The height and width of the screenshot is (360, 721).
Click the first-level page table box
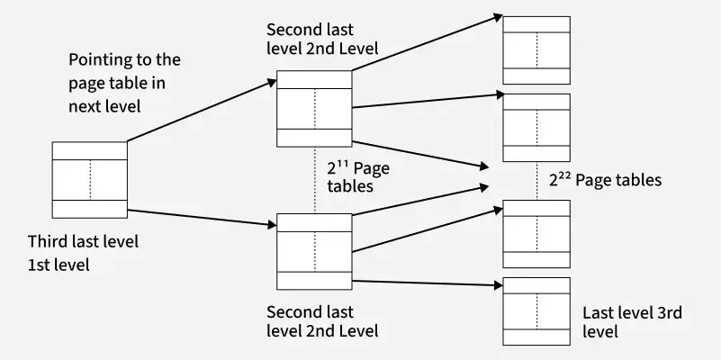pos(89,179)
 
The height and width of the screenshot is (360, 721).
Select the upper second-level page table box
pos(314,108)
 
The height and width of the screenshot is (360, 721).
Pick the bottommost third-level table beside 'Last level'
pos(536,310)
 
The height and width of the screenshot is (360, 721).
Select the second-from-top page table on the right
pos(536,128)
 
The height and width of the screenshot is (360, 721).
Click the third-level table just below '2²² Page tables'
pos(536,234)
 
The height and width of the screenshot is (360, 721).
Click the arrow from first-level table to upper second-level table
pos(202,110)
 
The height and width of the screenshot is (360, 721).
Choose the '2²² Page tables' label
pos(605,180)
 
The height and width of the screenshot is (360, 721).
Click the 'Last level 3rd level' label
pos(632,321)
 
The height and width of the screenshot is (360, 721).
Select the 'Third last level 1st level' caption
pos(83,253)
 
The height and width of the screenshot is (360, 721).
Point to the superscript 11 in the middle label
pos(343,165)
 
